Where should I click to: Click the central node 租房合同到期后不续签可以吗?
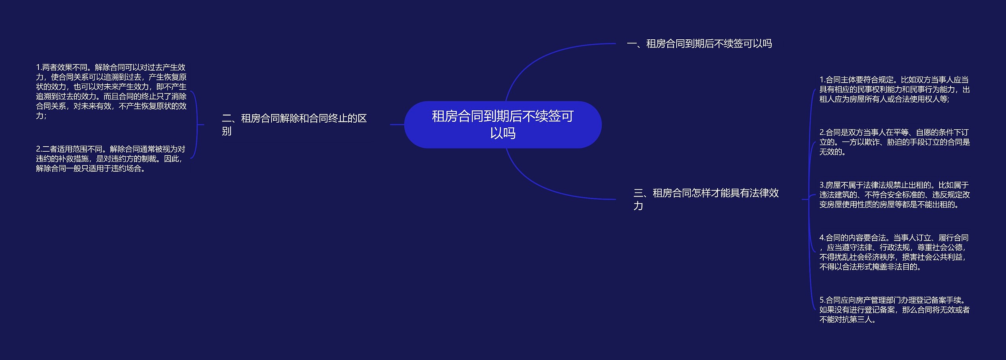point(503,124)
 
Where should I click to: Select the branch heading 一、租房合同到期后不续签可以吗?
point(699,44)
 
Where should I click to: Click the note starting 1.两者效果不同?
point(111,92)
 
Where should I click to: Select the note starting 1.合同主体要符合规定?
point(894,90)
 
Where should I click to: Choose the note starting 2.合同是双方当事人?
point(894,142)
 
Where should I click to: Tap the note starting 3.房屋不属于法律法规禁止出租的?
point(894,195)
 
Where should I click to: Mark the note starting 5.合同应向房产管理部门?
point(894,310)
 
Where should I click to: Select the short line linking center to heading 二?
point(397,125)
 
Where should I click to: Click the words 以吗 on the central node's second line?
point(503,133)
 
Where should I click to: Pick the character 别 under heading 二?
point(227,131)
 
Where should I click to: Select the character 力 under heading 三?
point(638,206)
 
